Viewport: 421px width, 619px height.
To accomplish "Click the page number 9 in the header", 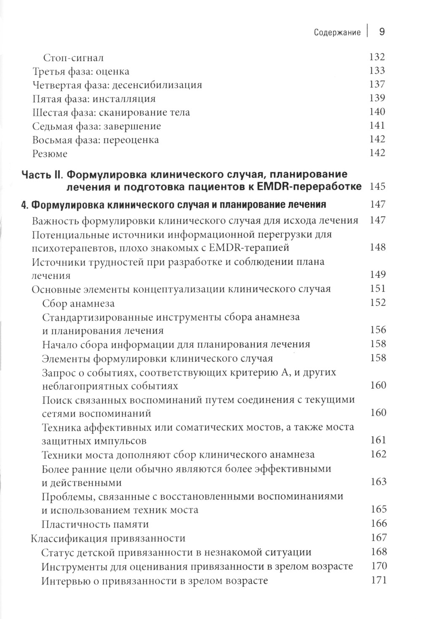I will coord(382,32).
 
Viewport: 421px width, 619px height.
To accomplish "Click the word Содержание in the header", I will coord(337,33).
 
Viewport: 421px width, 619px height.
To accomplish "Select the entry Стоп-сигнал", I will coord(74,58).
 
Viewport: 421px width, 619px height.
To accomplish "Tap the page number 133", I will coord(377,71).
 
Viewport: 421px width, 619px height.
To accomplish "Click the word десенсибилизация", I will coord(157,85).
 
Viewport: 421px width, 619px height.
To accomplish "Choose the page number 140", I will coord(377,112).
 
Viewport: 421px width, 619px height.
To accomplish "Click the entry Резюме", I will coord(50,154).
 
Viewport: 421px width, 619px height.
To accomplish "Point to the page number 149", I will coord(377,275).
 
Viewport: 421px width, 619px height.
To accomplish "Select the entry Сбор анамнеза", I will coord(78,303).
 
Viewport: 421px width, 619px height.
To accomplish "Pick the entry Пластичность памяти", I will coord(96,524).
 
